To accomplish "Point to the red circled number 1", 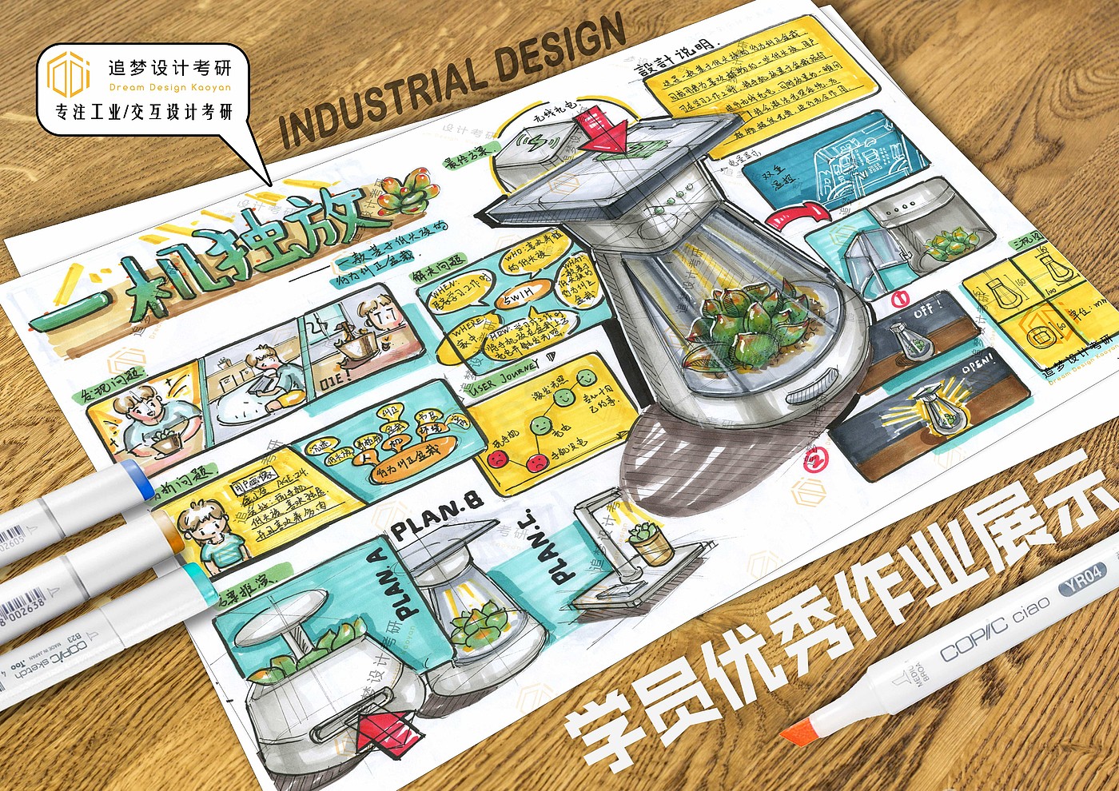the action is pos(897,300).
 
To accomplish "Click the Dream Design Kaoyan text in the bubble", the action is pos(169,87).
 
